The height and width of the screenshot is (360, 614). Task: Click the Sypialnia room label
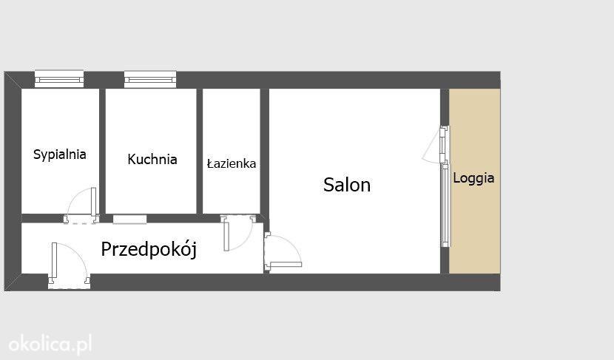pyautogui.click(x=59, y=154)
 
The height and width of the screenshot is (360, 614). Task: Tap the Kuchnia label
pyautogui.click(x=152, y=159)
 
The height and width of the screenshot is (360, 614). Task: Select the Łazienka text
pyautogui.click(x=232, y=163)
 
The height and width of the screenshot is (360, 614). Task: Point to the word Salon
pyautogui.click(x=347, y=185)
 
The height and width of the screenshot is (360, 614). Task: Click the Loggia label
pyautogui.click(x=473, y=178)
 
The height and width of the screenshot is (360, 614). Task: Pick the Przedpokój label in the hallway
pyautogui.click(x=149, y=249)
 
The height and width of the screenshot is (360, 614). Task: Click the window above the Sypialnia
pyautogui.click(x=59, y=78)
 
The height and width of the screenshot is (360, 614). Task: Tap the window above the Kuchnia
pyautogui.click(x=150, y=79)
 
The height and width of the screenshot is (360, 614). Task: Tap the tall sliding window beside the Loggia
pyautogui.click(x=445, y=205)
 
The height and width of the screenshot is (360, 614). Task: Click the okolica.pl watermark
pyautogui.click(x=50, y=344)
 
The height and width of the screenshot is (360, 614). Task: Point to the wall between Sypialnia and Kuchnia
pyautogui.click(x=102, y=152)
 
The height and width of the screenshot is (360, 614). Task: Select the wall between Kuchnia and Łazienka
pyautogui.click(x=199, y=152)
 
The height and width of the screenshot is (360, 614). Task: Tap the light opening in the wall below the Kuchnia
pyautogui.click(x=129, y=219)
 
